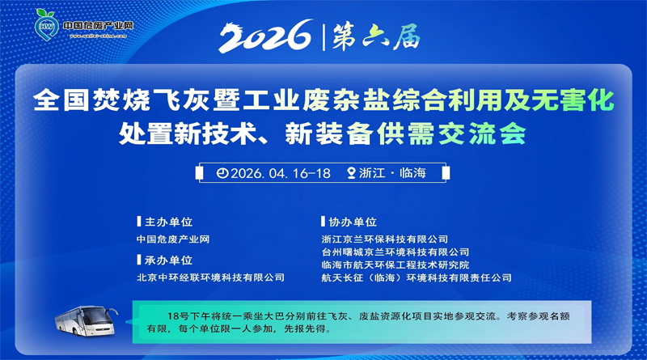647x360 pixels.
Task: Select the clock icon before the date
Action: click(x=222, y=172)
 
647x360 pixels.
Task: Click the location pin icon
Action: click(x=350, y=172)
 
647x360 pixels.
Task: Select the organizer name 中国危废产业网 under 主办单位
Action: click(x=173, y=239)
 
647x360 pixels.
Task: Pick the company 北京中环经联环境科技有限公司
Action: click(x=211, y=277)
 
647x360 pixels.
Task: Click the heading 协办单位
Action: click(x=353, y=222)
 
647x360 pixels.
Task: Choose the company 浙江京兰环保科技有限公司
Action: click(x=384, y=239)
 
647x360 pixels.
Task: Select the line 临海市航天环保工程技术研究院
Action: click(x=395, y=265)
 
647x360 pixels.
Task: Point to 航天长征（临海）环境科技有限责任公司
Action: click(x=417, y=278)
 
